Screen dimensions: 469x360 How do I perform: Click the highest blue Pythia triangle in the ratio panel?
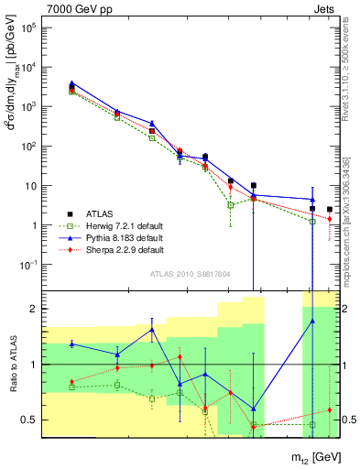152,329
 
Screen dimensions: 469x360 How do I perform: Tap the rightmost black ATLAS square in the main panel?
330,210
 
